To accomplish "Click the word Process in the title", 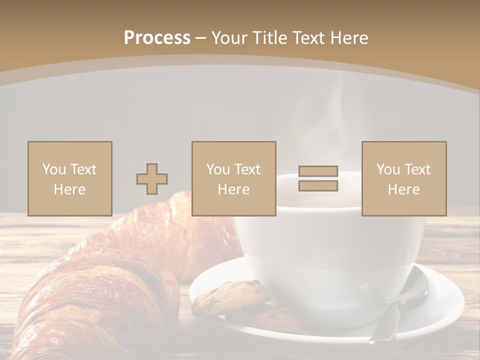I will coord(157,38).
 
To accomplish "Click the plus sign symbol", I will coord(152,178).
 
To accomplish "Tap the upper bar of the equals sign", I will coord(318,171).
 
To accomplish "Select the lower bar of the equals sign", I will coord(318,185).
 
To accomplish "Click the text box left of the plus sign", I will coord(69,178).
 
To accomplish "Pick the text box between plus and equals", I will coord(233,178).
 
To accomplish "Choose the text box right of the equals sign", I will coord(403,178).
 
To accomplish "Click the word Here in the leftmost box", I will coord(69,189).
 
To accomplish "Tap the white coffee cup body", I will coord(325,250).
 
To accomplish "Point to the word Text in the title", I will coord(309,38).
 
